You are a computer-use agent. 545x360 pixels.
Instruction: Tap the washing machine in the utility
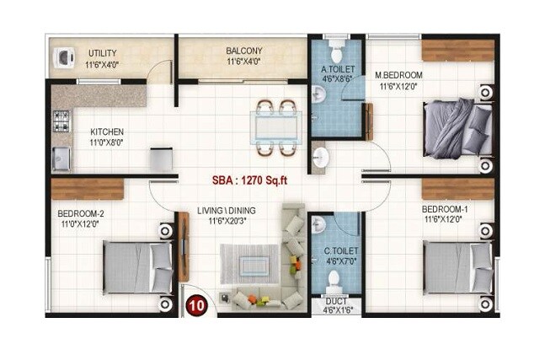coord(62,57)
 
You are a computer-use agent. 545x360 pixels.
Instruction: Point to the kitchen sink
coord(61,158)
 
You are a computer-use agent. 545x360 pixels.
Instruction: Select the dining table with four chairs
coord(276,129)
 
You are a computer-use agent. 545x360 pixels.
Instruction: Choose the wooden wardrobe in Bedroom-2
coord(87,189)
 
